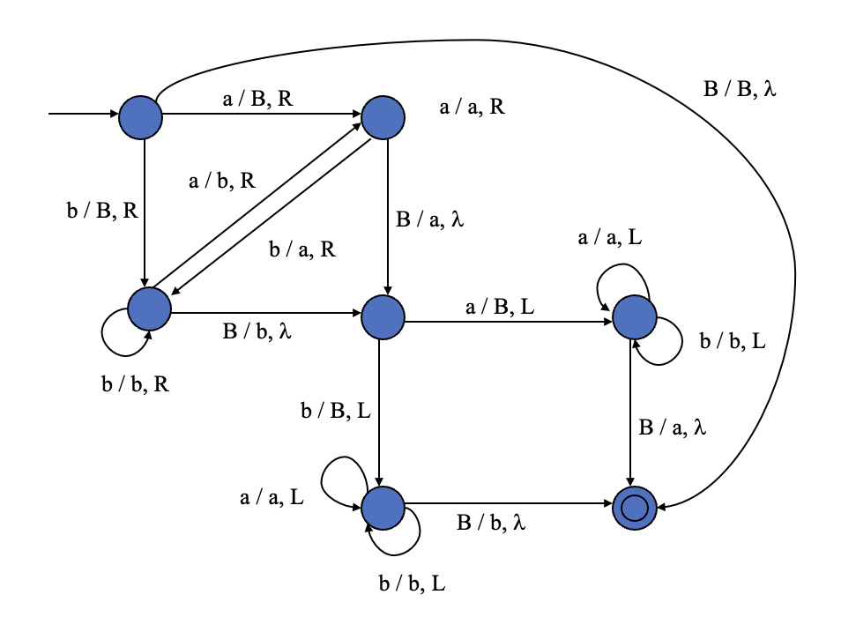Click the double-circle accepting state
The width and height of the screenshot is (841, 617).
pyautogui.click(x=635, y=509)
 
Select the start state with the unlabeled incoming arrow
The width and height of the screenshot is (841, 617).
pyautogui.click(x=141, y=116)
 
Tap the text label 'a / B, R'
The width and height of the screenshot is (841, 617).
pyautogui.click(x=257, y=99)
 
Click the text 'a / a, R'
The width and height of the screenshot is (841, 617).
pyautogui.click(x=473, y=108)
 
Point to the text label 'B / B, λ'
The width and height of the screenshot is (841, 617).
pyautogui.click(x=740, y=88)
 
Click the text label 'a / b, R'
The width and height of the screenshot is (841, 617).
pyautogui.click(x=222, y=182)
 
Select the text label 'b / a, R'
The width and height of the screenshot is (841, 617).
pyautogui.click(x=302, y=249)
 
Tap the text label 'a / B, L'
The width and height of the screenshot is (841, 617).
pyautogui.click(x=499, y=308)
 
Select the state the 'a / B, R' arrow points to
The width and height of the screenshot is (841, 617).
pyautogui.click(x=383, y=117)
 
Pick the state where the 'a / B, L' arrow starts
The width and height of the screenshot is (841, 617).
pyautogui.click(x=383, y=316)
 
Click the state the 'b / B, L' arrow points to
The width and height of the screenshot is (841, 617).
pyautogui.click(x=383, y=507)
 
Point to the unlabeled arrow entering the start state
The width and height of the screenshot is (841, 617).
pyautogui.click(x=84, y=115)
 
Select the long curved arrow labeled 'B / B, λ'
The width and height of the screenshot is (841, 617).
pyautogui.click(x=793, y=264)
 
